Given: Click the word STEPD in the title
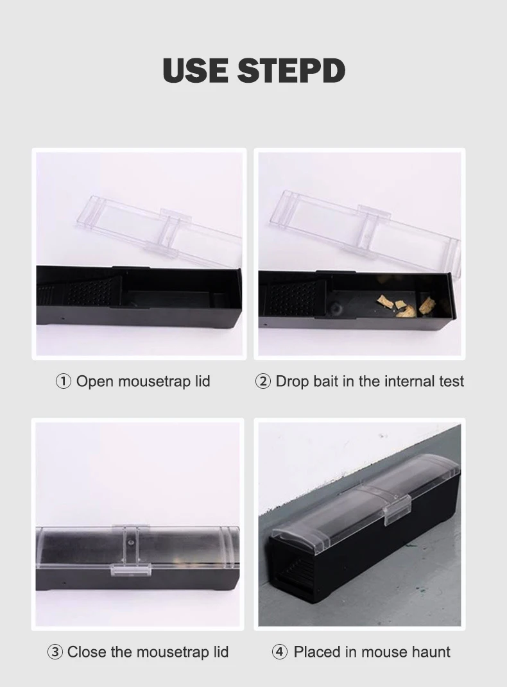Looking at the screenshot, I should click(291, 71).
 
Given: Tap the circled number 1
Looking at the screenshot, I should click(63, 382).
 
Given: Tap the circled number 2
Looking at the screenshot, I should click(263, 382).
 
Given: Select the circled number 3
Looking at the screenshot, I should click(55, 652).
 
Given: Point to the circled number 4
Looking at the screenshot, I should click(279, 652).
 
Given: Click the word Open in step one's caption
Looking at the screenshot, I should click(94, 382).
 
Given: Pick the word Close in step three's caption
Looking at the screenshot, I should click(87, 652).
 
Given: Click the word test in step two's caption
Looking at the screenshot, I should click(450, 382).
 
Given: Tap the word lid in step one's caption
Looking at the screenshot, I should click(202, 382).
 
